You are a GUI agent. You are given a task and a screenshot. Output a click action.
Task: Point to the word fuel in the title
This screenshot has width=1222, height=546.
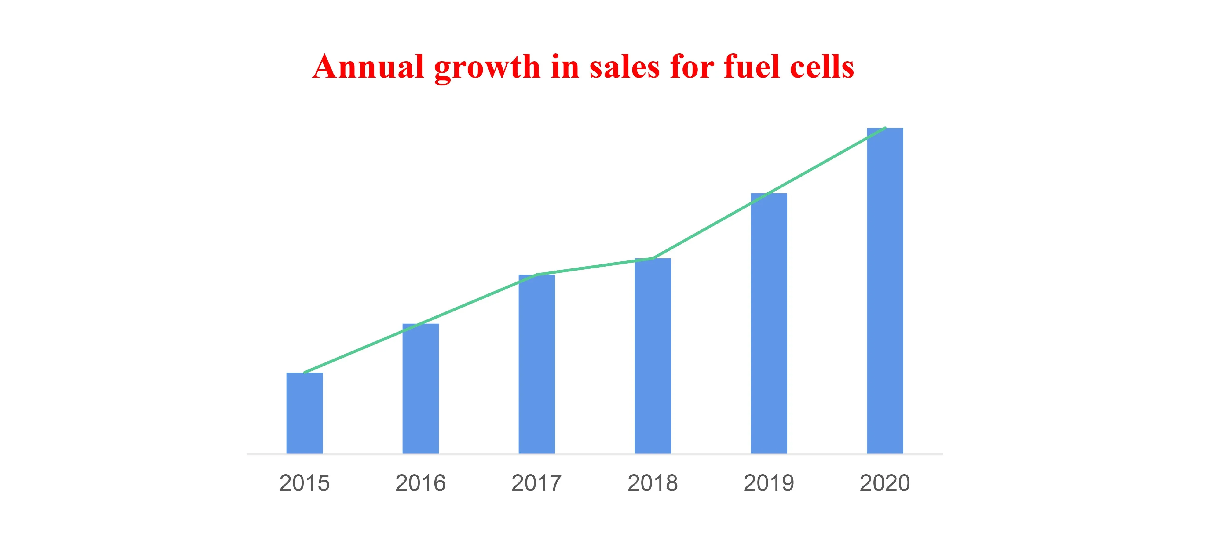[752, 66]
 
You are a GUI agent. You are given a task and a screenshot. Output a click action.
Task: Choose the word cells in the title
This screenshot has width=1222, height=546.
[822, 66]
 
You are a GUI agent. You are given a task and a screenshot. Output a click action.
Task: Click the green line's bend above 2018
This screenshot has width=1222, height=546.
[653, 259]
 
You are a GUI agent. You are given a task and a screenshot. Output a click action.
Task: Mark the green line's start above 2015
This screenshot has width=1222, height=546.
[305, 372]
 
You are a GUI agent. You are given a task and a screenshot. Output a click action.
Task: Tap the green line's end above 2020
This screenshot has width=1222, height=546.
[885, 128]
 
